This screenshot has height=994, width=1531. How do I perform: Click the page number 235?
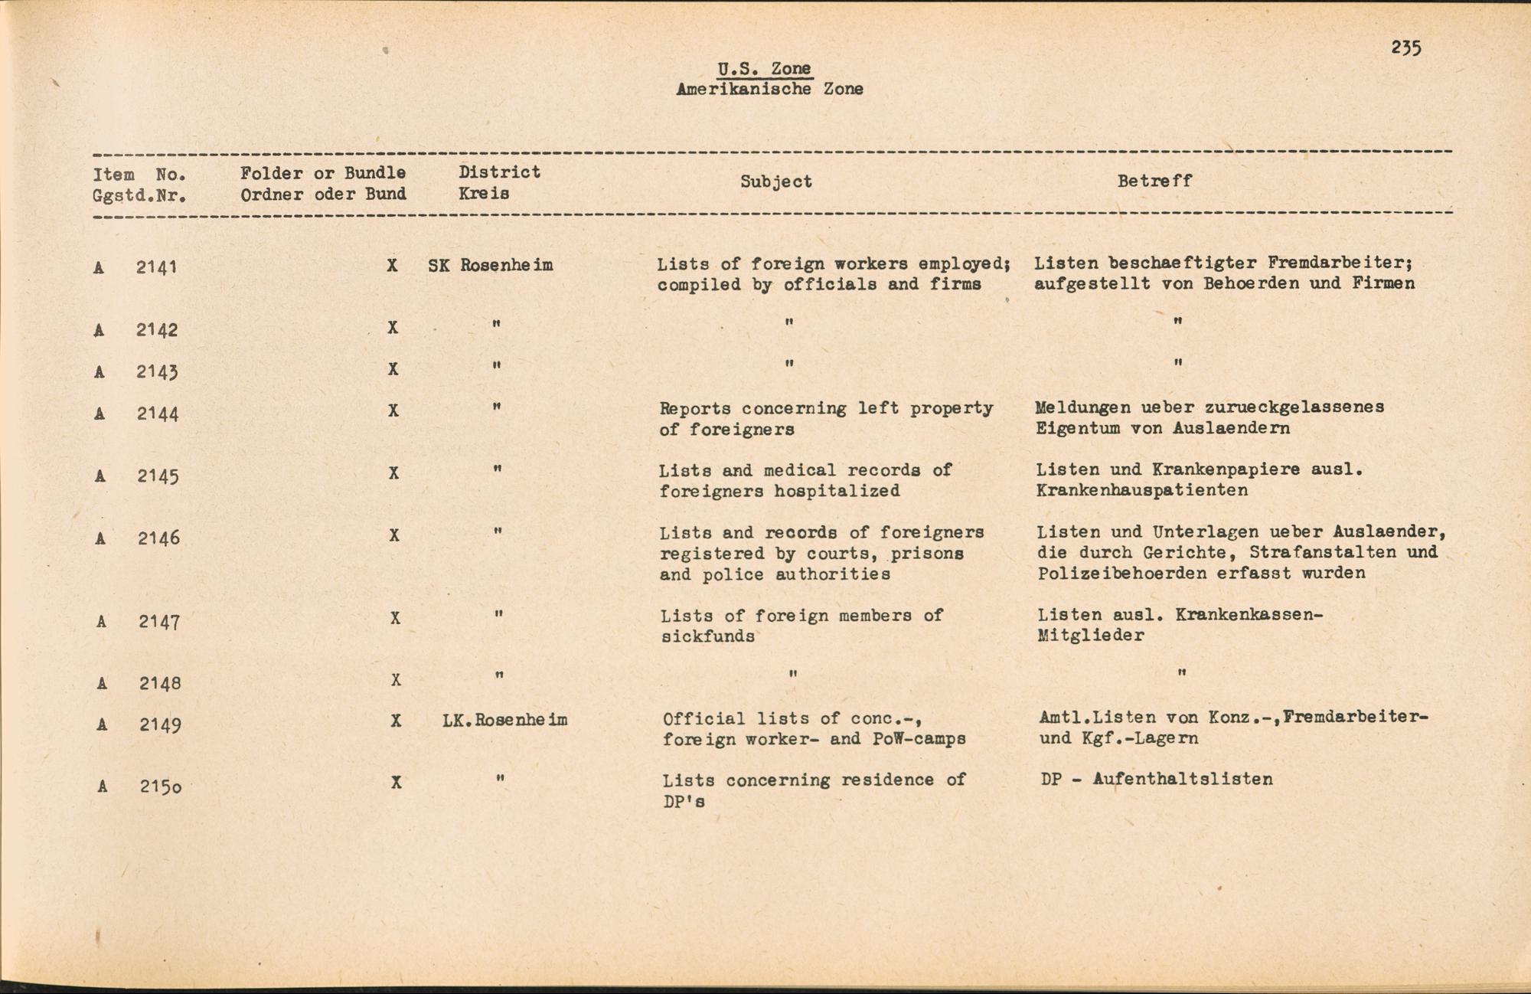point(1406,48)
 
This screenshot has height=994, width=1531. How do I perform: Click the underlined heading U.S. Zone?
point(764,69)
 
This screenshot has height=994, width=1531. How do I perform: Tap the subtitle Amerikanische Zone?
point(769,89)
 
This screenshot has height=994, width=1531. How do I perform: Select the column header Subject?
point(775,181)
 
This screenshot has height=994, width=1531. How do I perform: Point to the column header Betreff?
point(1154,181)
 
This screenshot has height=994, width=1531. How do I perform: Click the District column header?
point(499,172)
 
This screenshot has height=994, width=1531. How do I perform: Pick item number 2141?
point(156,267)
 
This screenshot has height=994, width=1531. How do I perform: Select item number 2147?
point(159,622)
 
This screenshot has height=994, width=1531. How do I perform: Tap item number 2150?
point(160,786)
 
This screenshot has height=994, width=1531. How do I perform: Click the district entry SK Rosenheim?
point(490,266)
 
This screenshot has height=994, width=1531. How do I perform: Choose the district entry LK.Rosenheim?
point(504,721)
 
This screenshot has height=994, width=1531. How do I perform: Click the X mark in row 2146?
point(393,535)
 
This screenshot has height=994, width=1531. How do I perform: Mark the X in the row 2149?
point(396,721)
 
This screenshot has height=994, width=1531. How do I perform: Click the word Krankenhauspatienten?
point(1142,490)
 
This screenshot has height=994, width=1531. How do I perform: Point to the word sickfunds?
point(708,636)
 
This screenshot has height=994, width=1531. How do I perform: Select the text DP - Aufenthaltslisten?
point(1157,780)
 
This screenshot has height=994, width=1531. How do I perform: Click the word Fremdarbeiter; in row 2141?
point(1340,263)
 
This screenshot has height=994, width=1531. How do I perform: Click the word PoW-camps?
point(919,740)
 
